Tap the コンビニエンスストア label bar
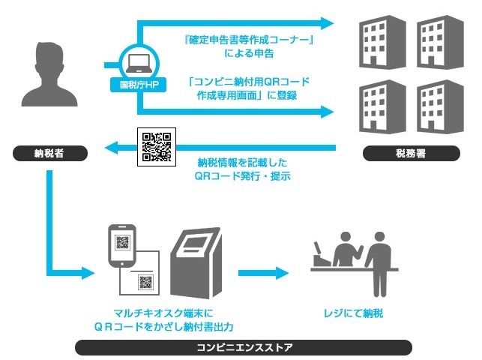tap(244, 347)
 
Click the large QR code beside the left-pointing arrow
tap(157, 146)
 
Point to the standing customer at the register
tap(380, 259)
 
